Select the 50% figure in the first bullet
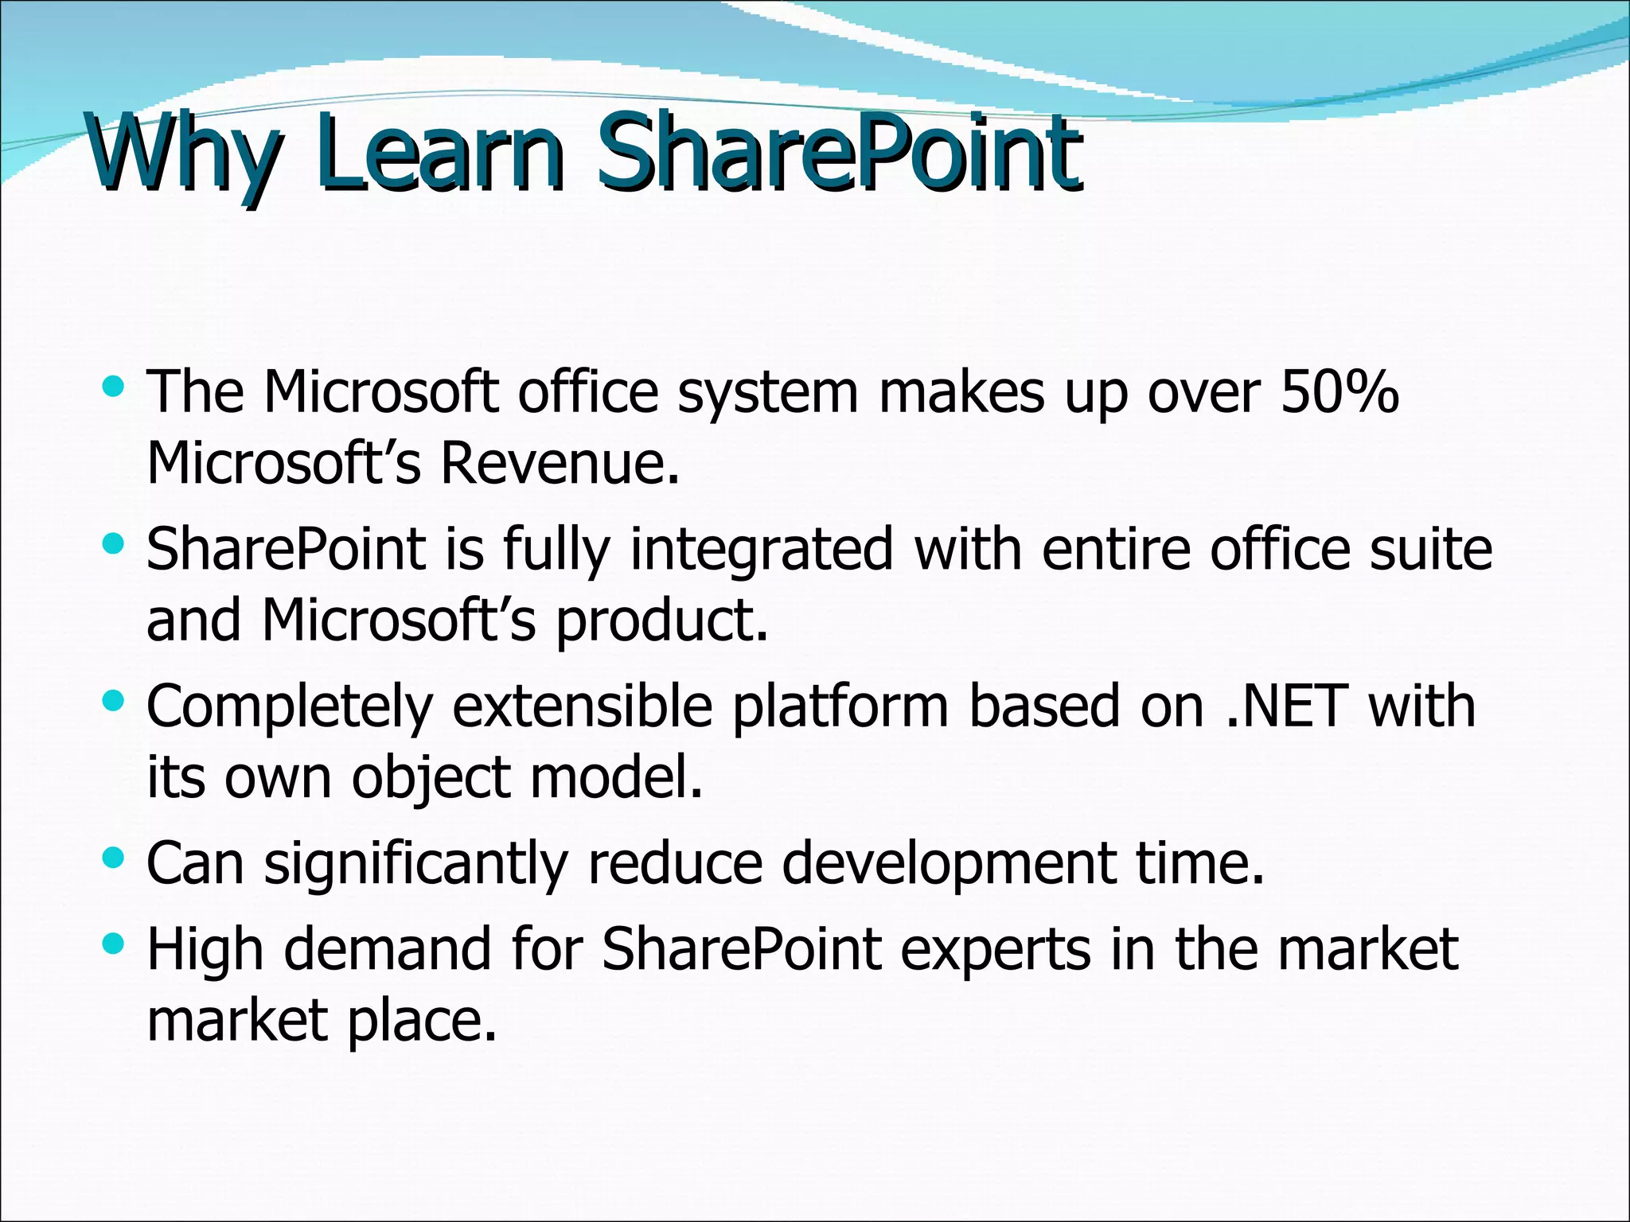tap(1339, 392)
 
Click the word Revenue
tap(560, 463)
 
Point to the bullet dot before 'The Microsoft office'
tap(115, 387)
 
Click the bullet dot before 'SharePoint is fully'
tap(115, 544)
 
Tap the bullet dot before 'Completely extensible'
tap(115, 701)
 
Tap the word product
tap(661, 621)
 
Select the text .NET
tap(1286, 706)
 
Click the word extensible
tap(582, 706)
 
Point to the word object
tap(431, 778)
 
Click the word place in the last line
tap(422, 1022)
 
